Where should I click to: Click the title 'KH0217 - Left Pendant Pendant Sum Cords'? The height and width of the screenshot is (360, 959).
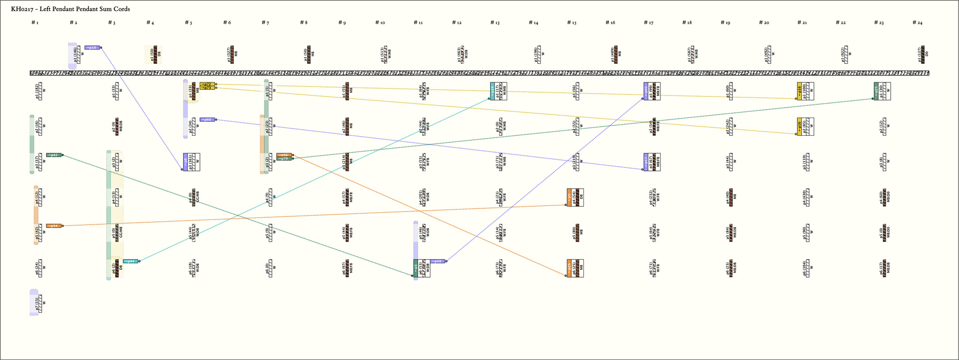click(x=71, y=9)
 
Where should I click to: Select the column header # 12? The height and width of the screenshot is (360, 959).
click(x=457, y=22)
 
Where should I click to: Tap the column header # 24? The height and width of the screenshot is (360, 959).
click(x=917, y=22)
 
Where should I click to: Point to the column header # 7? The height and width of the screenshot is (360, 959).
click(x=265, y=22)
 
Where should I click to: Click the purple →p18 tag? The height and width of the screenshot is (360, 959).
click(x=92, y=47)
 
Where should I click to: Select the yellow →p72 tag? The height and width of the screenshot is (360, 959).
click(x=207, y=84)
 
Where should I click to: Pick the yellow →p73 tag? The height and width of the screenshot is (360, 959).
click(x=207, y=88)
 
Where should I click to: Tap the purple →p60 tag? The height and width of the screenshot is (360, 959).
click(x=207, y=120)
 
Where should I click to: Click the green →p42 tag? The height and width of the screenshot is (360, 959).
click(x=53, y=155)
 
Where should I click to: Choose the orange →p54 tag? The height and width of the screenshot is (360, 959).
click(x=53, y=226)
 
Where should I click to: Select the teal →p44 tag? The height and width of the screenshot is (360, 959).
click(x=130, y=261)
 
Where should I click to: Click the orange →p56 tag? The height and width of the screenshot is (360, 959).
click(x=284, y=155)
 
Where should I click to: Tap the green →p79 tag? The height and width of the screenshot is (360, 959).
click(x=284, y=159)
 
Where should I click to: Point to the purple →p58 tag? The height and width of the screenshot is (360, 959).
click(x=437, y=261)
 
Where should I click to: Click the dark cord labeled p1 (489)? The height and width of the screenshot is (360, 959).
click(x=616, y=54)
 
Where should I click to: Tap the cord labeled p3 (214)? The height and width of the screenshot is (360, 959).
click(x=347, y=162)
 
